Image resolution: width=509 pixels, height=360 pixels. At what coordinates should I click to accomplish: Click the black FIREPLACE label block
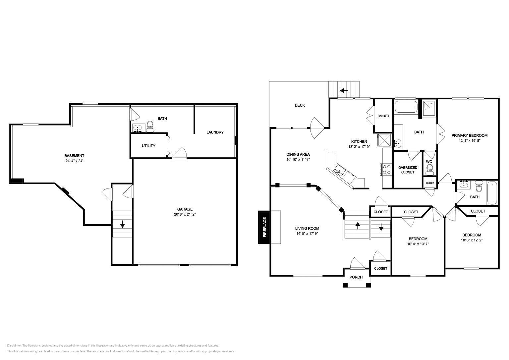(x=264, y=227)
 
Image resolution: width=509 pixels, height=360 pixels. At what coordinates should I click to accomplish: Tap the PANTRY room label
(x=383, y=116)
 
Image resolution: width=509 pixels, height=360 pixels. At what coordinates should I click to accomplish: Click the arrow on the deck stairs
(x=344, y=91)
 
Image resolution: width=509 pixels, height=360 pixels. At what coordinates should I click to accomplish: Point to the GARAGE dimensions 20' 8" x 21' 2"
(x=185, y=214)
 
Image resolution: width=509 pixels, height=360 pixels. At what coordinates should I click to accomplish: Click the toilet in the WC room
(x=429, y=170)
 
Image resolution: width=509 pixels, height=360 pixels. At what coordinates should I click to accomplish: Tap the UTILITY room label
(x=148, y=146)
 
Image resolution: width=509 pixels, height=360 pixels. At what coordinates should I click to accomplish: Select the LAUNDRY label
(x=215, y=132)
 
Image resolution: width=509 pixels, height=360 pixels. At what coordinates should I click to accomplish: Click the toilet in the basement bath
(x=150, y=127)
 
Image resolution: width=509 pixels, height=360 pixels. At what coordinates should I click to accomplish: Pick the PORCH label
(x=356, y=277)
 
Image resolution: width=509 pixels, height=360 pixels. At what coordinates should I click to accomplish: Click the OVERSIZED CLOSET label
(x=408, y=170)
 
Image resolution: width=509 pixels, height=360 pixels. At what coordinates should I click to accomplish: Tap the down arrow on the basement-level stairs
(x=123, y=224)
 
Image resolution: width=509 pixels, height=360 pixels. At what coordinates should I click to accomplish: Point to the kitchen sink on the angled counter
(x=339, y=171)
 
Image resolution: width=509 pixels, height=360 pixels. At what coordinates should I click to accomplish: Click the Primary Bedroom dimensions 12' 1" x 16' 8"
(x=470, y=141)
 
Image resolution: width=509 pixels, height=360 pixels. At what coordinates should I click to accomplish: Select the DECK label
(x=300, y=105)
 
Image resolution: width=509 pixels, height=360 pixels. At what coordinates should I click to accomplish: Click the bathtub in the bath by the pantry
(x=406, y=107)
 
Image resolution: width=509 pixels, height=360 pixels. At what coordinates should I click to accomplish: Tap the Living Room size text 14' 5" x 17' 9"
(x=307, y=233)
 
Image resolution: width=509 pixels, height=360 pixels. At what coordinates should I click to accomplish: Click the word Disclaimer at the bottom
(x=14, y=346)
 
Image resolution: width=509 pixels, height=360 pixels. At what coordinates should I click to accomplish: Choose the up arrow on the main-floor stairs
(x=358, y=226)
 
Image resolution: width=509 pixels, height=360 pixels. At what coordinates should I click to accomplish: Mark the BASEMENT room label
(x=74, y=156)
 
